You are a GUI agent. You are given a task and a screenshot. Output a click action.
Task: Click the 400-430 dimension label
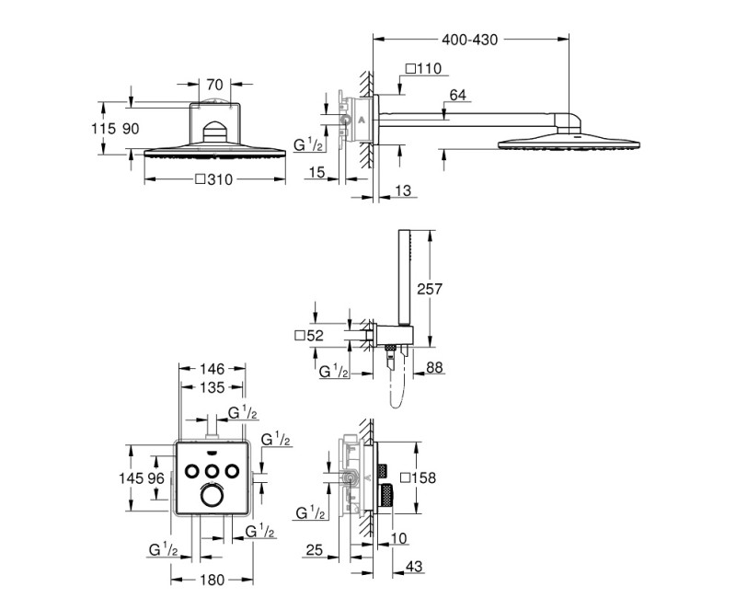pyautogui.click(x=469, y=40)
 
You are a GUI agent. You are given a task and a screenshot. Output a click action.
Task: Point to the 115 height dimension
pyautogui.click(x=106, y=129)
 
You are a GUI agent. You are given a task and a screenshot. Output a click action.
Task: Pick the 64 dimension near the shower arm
pyautogui.click(x=457, y=94)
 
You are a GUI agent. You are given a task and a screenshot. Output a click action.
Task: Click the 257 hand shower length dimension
pyautogui.click(x=430, y=289)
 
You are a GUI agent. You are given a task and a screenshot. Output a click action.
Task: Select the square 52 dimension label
pyautogui.click(x=308, y=337)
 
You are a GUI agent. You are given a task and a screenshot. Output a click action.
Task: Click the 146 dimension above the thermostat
pyautogui.click(x=212, y=369)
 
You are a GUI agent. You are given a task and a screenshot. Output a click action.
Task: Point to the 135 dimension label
pyautogui.click(x=212, y=387)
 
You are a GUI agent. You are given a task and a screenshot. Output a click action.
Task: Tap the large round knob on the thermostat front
pyautogui.click(x=212, y=498)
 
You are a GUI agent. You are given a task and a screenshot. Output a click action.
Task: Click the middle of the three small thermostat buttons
pyautogui.click(x=212, y=471)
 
